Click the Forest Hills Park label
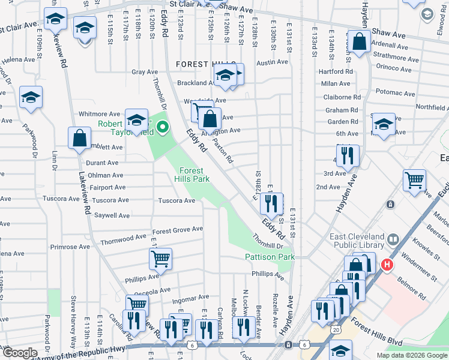pyautogui.click(x=189, y=175)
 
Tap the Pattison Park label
pyautogui.click(x=270, y=257)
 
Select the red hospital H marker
pyautogui.click(x=387, y=264)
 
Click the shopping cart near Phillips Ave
pyautogui.click(x=160, y=259)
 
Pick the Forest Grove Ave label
pyautogui.click(x=177, y=230)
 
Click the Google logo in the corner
pyautogui.click(x=20, y=353)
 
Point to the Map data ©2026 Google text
pyautogui.click(x=411, y=355)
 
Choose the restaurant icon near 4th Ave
pyautogui.click(x=347, y=155)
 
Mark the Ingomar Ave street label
pyautogui.click(x=190, y=297)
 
